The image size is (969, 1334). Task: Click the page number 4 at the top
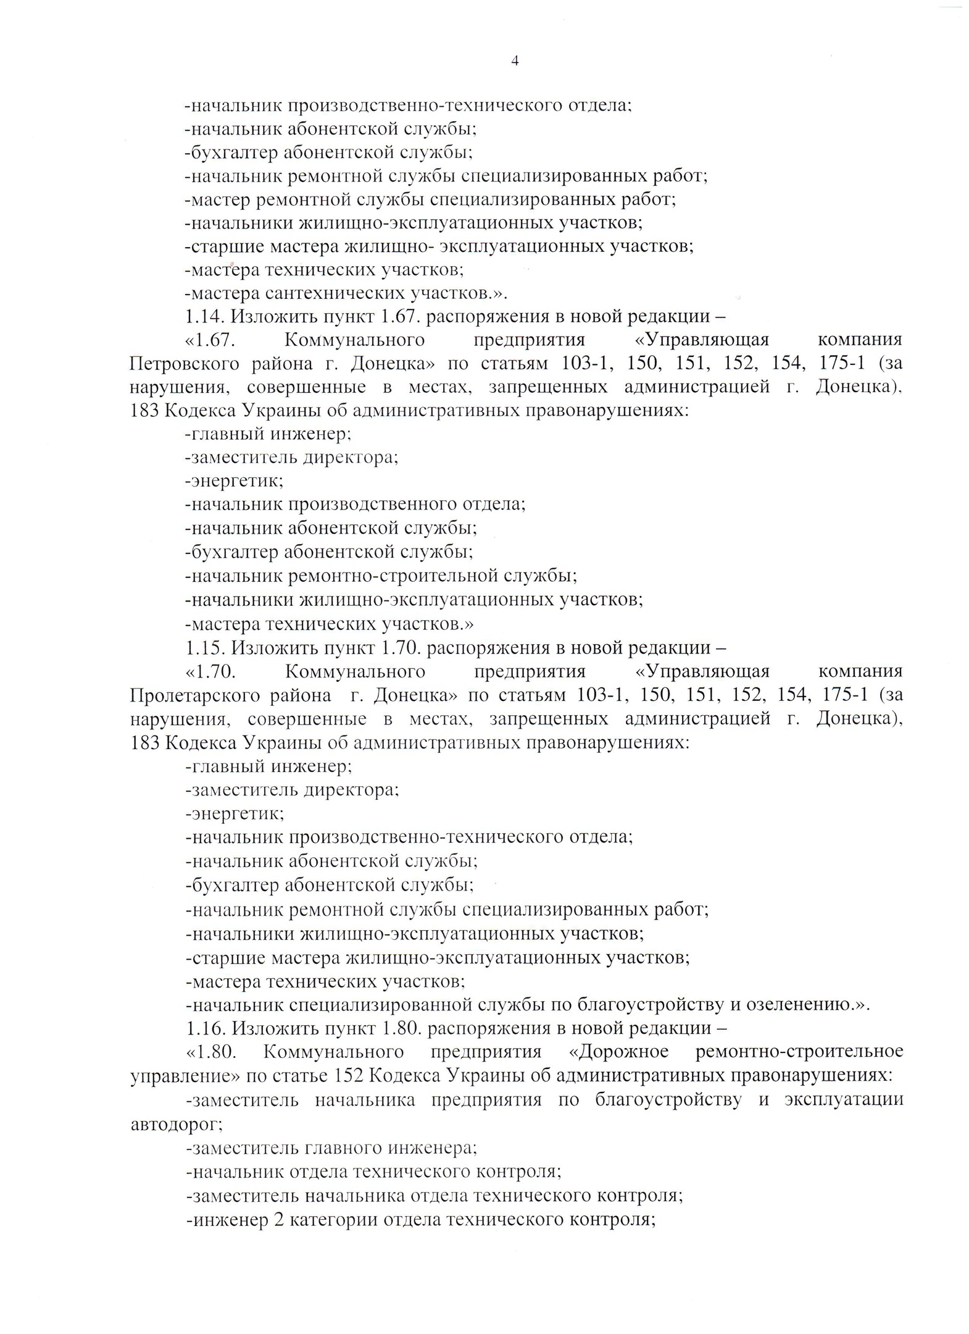[x=514, y=60]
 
